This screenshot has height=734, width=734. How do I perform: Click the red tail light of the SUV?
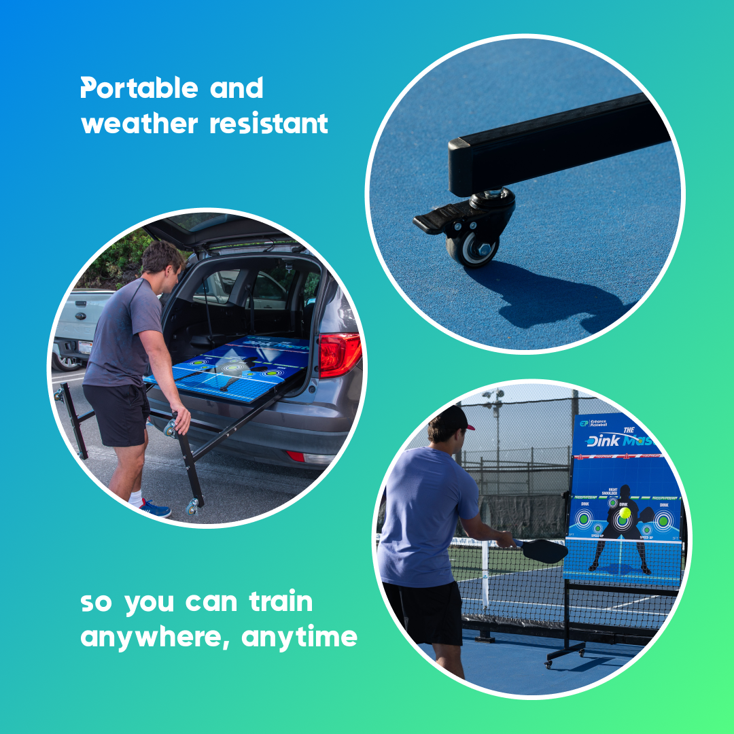click(x=339, y=354)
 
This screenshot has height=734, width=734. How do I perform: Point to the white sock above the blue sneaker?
click(x=138, y=497)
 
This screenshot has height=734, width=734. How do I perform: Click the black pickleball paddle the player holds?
click(x=544, y=550)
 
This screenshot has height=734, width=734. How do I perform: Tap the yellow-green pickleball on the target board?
click(x=624, y=514)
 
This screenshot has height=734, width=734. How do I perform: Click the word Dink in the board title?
click(x=602, y=441)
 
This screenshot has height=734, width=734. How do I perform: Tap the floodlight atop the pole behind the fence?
click(x=495, y=396)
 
